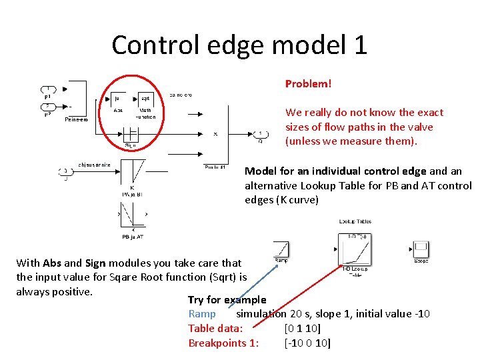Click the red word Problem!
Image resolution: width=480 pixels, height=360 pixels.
308,84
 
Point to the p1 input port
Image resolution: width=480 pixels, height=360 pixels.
47,89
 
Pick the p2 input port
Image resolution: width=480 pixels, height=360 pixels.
47,107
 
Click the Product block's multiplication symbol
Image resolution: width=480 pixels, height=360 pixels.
215,134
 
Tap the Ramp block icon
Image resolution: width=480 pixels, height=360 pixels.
281,249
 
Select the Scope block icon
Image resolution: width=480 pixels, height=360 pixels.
421,249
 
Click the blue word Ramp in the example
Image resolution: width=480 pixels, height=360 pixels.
202,314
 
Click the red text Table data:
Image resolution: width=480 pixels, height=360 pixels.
215,329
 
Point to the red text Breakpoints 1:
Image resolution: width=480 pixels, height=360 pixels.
223,343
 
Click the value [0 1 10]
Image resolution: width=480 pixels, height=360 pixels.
303,329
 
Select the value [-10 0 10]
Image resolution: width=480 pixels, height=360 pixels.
307,343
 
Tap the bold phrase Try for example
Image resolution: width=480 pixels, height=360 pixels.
227,300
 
